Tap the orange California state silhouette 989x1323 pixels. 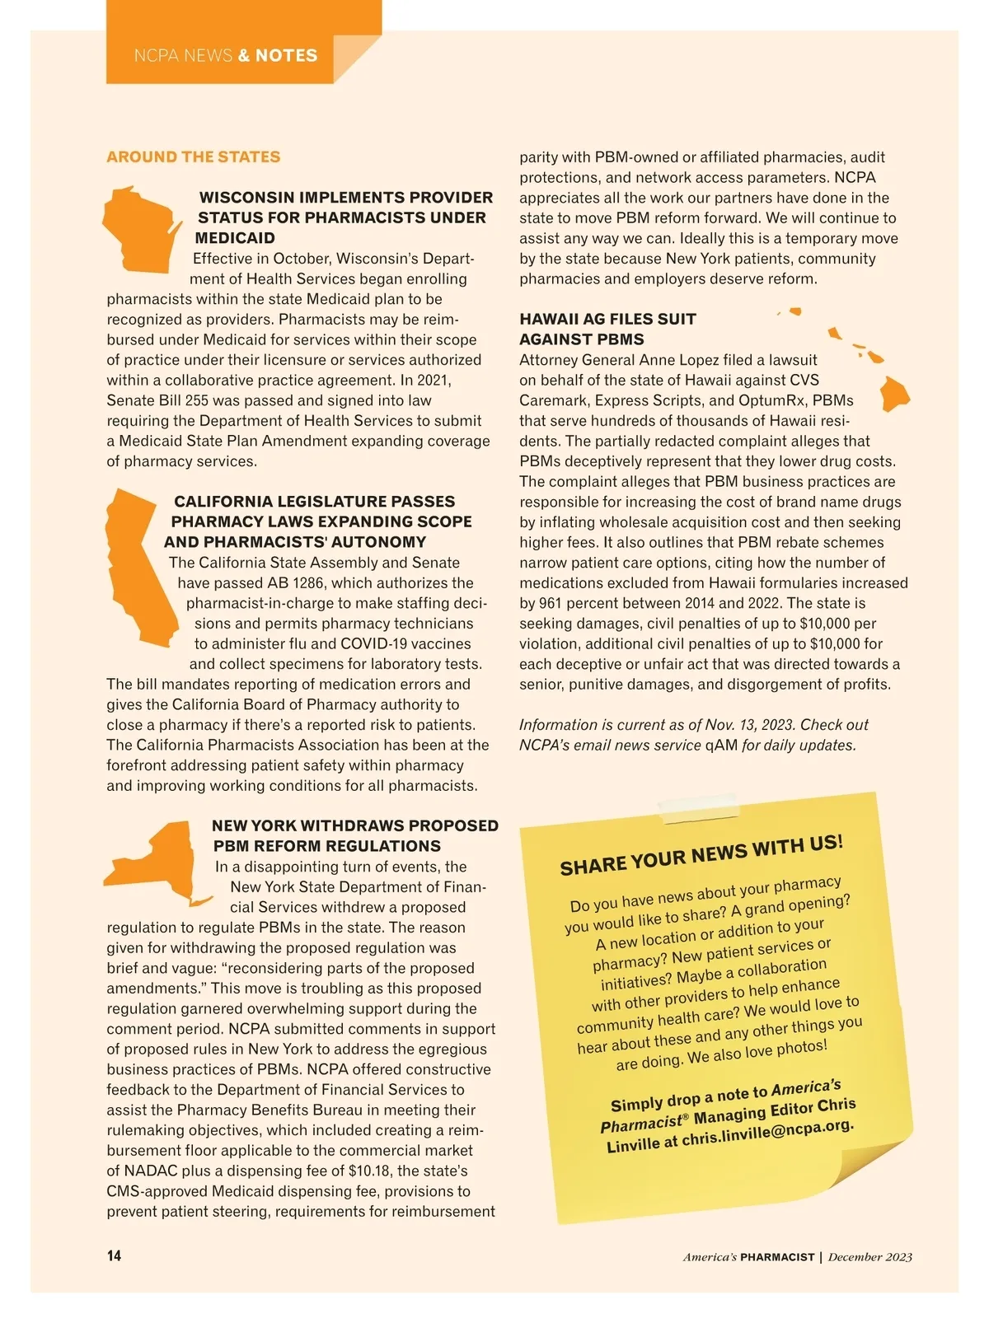tap(140, 568)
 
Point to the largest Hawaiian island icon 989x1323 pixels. tap(894, 393)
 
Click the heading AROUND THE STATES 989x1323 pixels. tap(193, 157)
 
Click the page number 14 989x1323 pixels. tap(114, 1255)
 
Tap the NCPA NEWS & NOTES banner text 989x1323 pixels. tap(225, 56)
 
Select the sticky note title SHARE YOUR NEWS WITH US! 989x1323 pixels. tap(701, 854)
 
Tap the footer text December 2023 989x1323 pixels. tap(870, 1257)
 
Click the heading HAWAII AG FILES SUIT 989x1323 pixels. tap(607, 319)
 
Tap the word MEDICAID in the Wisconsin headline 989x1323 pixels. tap(236, 238)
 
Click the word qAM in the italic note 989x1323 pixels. tap(721, 746)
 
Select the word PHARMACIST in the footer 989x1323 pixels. tap(777, 1257)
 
